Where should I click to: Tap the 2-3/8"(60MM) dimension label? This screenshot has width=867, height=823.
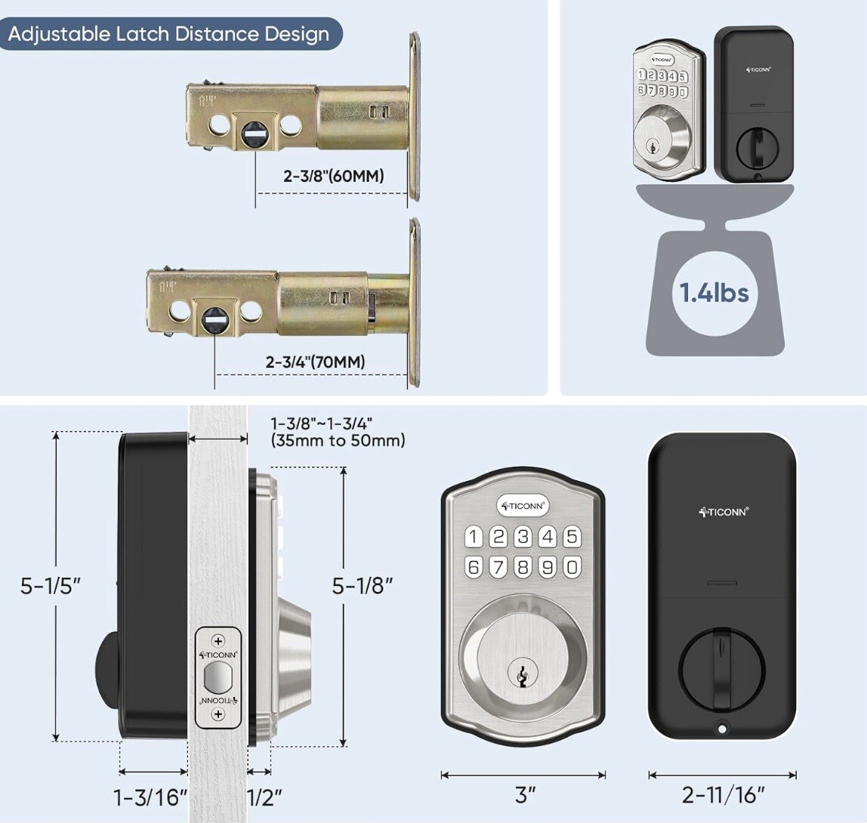334,176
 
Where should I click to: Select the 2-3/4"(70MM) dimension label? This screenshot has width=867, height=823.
315,362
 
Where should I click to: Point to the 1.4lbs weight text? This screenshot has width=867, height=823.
714,291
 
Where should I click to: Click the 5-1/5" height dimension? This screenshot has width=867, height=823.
50,585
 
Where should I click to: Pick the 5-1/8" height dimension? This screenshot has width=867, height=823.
363,585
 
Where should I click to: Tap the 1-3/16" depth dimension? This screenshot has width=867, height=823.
150,797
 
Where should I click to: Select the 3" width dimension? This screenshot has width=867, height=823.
525,795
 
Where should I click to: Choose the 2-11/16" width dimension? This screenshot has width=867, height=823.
723,795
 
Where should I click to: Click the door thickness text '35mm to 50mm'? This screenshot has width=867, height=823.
338,440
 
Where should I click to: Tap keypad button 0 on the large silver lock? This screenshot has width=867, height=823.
572,566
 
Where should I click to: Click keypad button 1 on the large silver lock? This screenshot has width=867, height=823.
474,537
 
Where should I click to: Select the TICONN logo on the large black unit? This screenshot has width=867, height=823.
723,512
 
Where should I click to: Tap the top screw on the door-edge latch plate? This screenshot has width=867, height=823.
219,641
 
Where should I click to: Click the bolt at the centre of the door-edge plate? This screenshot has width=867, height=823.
218,677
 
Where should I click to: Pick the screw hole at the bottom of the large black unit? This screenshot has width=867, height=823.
723,729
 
